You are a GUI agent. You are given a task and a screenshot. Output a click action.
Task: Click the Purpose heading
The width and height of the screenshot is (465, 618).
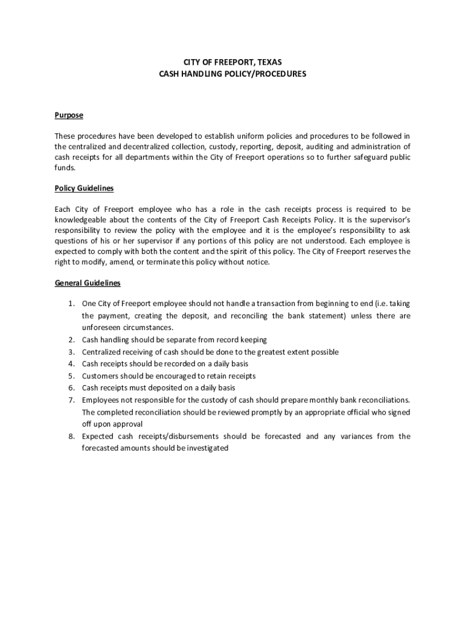pyautogui.click(x=69, y=115)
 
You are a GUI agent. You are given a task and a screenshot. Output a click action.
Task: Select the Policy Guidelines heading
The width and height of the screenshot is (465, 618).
pyautogui.click(x=84, y=188)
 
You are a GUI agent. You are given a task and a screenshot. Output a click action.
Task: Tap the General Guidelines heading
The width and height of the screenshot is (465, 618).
pyautogui.click(x=88, y=282)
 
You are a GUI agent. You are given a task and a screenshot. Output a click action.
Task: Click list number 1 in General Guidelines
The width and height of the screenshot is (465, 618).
pyautogui.click(x=71, y=304)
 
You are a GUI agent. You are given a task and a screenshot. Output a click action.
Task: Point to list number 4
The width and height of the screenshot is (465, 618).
pyautogui.click(x=71, y=364)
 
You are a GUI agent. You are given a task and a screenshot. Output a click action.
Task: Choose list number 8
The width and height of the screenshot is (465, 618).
pyautogui.click(x=71, y=436)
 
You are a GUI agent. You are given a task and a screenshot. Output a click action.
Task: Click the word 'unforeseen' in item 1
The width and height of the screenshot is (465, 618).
pyautogui.click(x=102, y=328)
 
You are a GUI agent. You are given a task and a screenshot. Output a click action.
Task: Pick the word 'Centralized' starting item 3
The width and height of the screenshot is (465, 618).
pyautogui.click(x=102, y=352)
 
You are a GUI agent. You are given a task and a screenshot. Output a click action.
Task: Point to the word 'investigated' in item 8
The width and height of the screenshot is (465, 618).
pyautogui.click(x=207, y=448)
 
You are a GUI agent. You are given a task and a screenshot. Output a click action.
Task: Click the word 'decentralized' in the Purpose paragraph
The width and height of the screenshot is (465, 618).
pyautogui.click(x=138, y=147)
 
